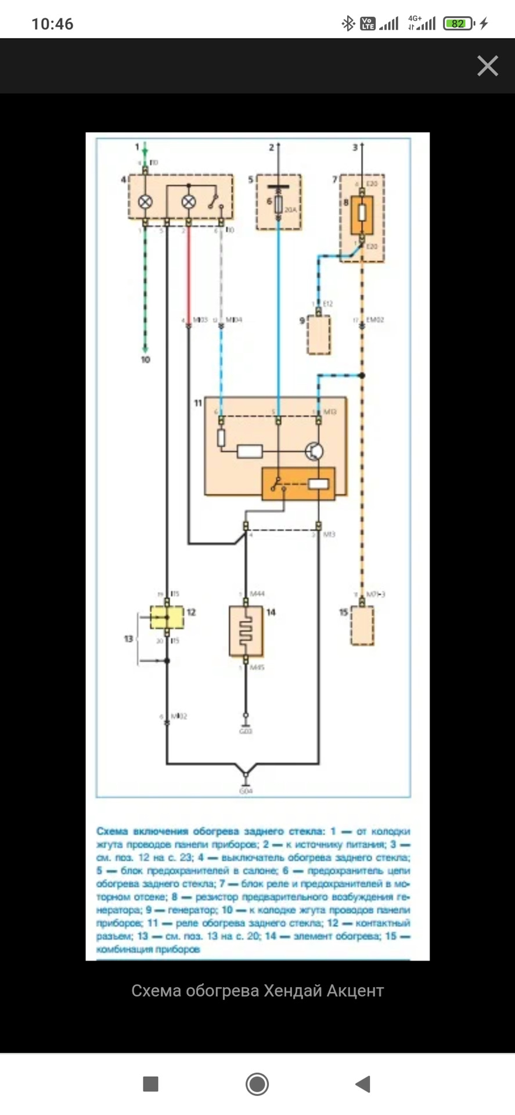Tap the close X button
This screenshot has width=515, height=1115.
[x=487, y=66]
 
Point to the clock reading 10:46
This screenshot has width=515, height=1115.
[x=52, y=24]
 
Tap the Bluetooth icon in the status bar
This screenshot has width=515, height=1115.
[x=348, y=23]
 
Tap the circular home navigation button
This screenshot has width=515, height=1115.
[x=257, y=1084]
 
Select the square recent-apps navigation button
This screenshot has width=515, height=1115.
[x=150, y=1084]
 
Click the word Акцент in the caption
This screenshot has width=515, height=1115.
[x=355, y=990]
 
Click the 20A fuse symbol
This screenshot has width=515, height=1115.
[x=278, y=204]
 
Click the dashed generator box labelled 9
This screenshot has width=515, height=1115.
[x=319, y=334]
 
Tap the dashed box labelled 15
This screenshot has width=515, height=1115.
[x=362, y=625]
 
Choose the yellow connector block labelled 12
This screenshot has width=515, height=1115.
[x=167, y=617]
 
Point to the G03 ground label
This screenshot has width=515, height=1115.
[x=246, y=732]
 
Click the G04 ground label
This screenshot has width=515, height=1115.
[x=246, y=791]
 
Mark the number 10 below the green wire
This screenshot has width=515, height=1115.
[x=145, y=359]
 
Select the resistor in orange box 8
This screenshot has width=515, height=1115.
[x=361, y=213]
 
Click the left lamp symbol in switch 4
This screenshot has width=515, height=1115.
[x=145, y=202]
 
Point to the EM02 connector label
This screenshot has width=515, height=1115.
[x=375, y=320]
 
